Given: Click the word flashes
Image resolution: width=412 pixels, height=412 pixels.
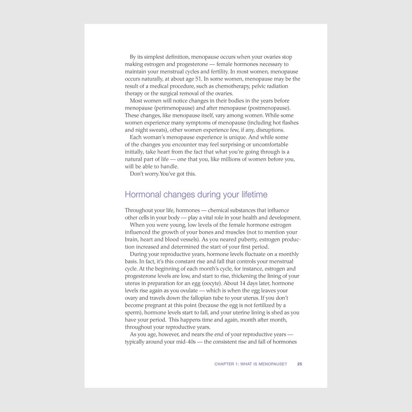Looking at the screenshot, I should [290, 123].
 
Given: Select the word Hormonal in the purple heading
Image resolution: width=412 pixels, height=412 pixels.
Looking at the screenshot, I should [143, 195].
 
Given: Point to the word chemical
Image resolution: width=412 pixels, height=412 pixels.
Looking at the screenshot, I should [218, 210].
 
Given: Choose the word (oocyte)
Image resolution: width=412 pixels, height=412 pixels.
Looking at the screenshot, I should [212, 283].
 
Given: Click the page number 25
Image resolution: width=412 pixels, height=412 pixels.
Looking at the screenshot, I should [300, 364].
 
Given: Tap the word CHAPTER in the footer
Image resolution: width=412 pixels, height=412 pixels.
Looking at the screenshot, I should [224, 364].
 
